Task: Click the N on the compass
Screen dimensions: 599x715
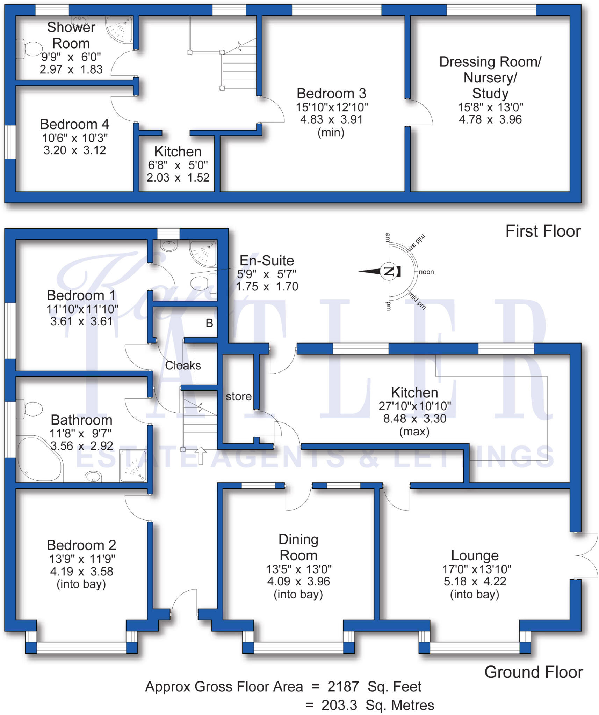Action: click(389, 271)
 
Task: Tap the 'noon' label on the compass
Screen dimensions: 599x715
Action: click(426, 272)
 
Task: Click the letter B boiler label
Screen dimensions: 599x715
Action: click(209, 323)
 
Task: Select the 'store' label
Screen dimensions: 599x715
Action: click(239, 396)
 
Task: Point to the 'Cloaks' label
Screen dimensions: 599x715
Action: click(183, 366)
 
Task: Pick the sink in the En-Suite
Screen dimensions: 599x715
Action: click(169, 245)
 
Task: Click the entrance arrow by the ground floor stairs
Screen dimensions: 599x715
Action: click(201, 455)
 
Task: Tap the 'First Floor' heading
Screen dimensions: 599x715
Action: click(543, 231)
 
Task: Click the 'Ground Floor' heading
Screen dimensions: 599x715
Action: click(533, 672)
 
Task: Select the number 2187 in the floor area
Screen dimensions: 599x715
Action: click(343, 687)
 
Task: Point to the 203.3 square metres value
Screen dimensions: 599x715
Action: click(339, 705)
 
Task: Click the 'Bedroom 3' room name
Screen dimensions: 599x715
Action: click(331, 94)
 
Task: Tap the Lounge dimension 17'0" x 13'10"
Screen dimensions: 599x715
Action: click(477, 569)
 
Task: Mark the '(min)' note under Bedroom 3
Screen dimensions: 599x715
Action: click(331, 133)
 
